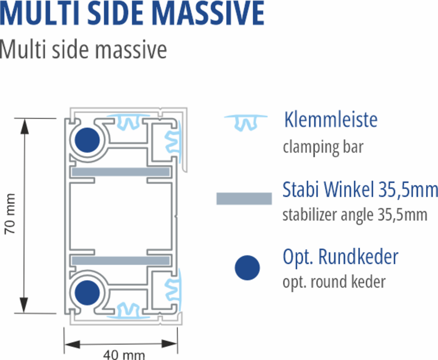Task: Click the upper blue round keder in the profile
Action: pyautogui.click(x=87, y=140)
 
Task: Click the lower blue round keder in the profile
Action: pyautogui.click(x=87, y=293)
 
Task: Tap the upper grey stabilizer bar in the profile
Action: pyautogui.click(x=121, y=172)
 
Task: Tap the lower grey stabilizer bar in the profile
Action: pyautogui.click(x=121, y=260)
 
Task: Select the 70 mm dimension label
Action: pyautogui.click(x=10, y=214)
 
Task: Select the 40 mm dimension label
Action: pyautogui.click(x=124, y=355)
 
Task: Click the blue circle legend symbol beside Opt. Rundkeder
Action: pyautogui.click(x=247, y=268)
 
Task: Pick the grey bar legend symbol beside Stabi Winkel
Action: pyautogui.click(x=244, y=199)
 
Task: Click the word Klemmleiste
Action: pyautogui.click(x=331, y=120)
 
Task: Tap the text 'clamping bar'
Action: pyautogui.click(x=323, y=147)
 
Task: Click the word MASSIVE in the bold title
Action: pyautogui.click(x=208, y=13)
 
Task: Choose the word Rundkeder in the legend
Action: pyautogui.click(x=358, y=257)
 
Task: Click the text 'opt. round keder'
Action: pyautogui.click(x=334, y=282)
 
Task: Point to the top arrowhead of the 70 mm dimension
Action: pyautogui.click(x=24, y=126)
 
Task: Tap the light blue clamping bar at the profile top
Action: pyautogui.click(x=128, y=121)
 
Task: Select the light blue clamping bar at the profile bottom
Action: pyautogui.click(x=128, y=311)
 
